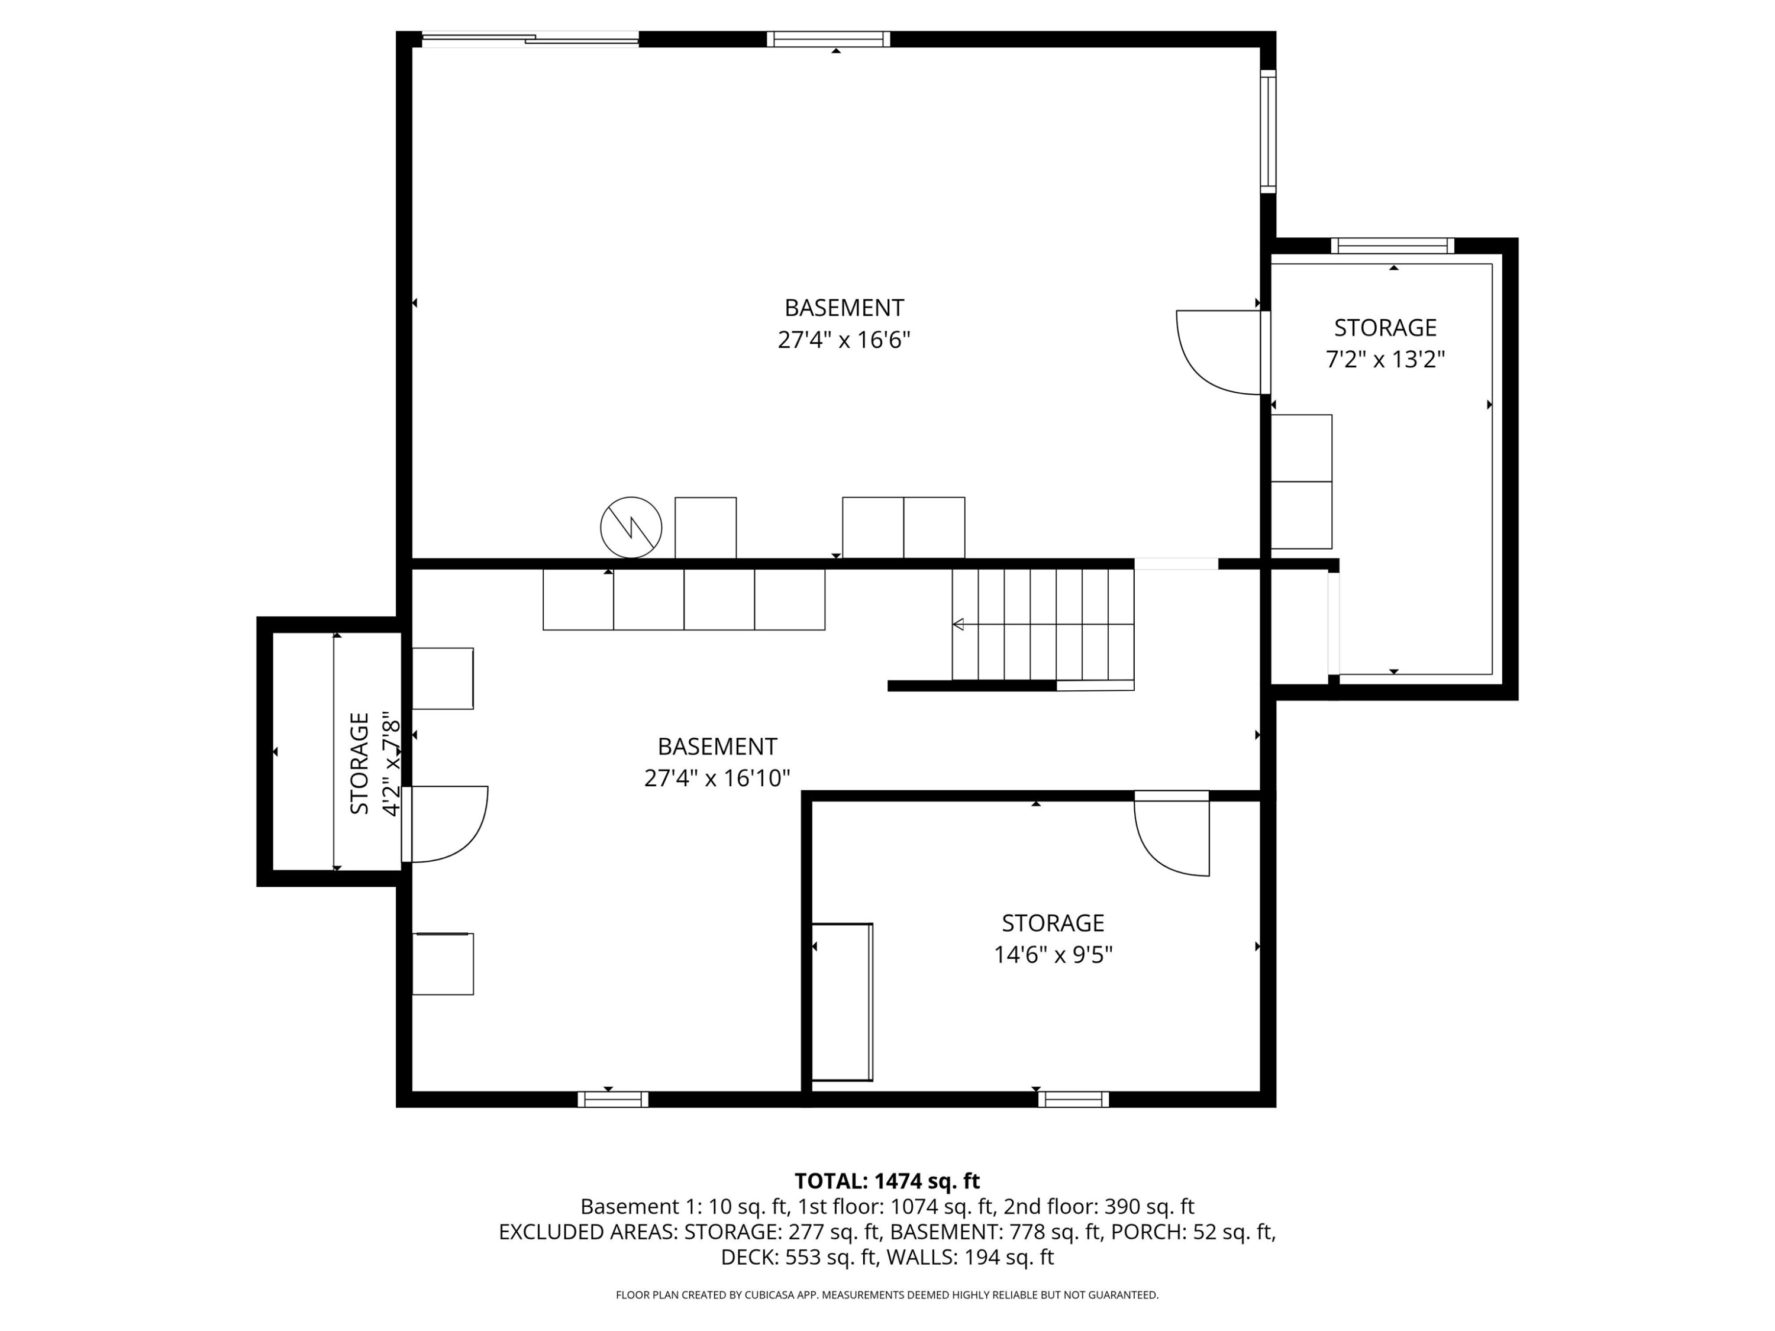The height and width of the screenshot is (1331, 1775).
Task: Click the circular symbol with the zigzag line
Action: point(631,527)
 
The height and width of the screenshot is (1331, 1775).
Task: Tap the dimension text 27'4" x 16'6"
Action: point(843,340)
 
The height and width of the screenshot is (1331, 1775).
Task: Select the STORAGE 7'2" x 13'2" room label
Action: point(1384,343)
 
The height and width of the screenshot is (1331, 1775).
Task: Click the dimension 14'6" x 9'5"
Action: point(1053,955)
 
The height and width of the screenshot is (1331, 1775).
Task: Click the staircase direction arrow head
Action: point(958,624)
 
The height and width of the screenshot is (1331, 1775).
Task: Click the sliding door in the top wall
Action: point(530,38)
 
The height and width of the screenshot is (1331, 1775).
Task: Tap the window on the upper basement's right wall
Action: point(1268,131)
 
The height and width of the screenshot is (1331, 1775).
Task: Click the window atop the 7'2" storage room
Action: point(1392,245)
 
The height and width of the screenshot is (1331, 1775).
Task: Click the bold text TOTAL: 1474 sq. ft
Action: point(887,1181)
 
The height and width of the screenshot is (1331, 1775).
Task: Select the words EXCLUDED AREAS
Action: point(585,1232)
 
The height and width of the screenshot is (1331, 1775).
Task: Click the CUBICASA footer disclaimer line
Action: point(887,1294)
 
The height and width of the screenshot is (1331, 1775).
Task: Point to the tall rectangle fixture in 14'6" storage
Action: point(842,1002)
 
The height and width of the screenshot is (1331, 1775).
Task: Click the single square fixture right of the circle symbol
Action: point(705,527)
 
